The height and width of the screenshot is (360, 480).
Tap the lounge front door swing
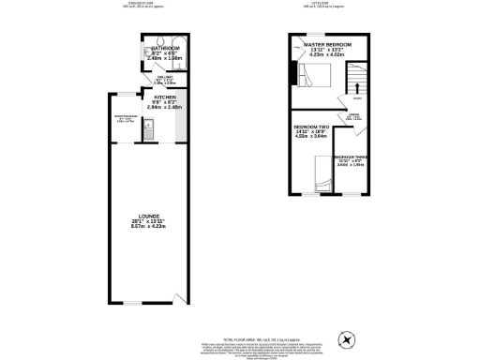pos(179,297)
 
